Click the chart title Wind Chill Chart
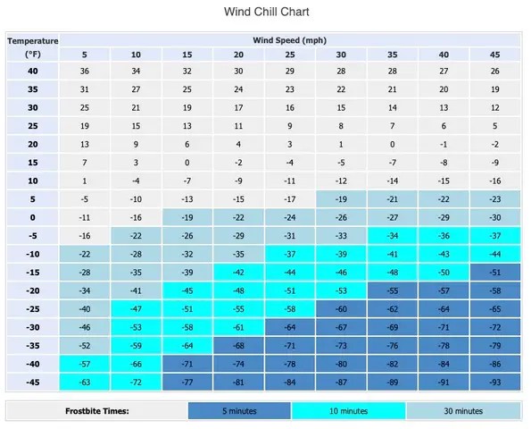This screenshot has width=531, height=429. (x=265, y=13)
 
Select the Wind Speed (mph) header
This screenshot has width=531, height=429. (x=289, y=40)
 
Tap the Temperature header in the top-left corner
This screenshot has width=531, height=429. (x=34, y=40)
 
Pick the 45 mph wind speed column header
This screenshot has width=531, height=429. (x=494, y=55)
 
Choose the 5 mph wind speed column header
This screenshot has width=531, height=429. (x=85, y=55)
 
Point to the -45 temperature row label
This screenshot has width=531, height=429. (x=34, y=383)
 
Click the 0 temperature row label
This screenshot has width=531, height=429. (x=34, y=217)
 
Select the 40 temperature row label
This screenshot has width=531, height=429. (x=34, y=71)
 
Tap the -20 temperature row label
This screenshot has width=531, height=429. (x=34, y=290)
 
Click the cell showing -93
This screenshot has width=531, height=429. (x=494, y=383)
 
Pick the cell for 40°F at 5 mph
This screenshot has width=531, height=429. (x=85, y=71)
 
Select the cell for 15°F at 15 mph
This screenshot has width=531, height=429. (x=187, y=163)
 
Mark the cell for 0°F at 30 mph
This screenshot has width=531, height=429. (x=341, y=217)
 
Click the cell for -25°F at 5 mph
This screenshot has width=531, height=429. (x=85, y=309)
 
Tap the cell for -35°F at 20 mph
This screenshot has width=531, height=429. (x=238, y=346)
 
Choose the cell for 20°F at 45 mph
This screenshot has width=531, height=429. (x=494, y=145)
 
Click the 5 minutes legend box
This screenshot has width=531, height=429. (x=239, y=411)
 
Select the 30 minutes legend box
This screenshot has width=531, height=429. (x=462, y=411)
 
